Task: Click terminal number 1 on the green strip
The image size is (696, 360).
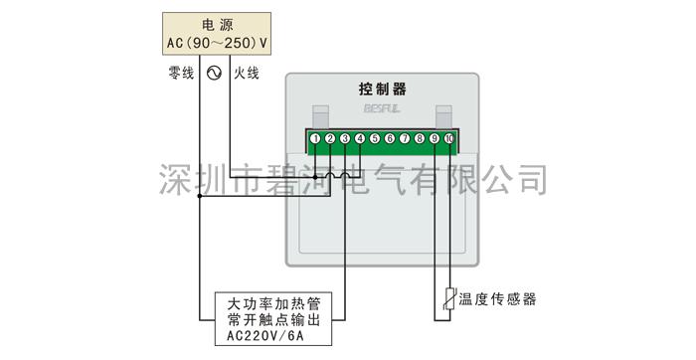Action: pyautogui.click(x=314, y=138)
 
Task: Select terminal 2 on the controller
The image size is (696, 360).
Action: pyautogui.click(x=329, y=138)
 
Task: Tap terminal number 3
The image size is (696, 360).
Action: pyautogui.click(x=344, y=138)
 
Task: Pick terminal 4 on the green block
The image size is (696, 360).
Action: pyautogui.click(x=359, y=138)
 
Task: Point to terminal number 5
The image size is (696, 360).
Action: pyautogui.click(x=375, y=138)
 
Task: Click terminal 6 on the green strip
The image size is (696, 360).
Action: pyautogui.click(x=390, y=138)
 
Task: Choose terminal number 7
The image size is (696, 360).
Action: pyautogui.click(x=405, y=138)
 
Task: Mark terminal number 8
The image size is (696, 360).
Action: pyautogui.click(x=420, y=138)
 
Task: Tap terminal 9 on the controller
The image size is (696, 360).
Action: pyautogui.click(x=435, y=138)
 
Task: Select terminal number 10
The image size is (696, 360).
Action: pyautogui.click(x=449, y=138)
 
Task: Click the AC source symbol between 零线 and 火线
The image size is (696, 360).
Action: pyautogui.click(x=214, y=73)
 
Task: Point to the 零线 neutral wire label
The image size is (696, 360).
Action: pyautogui.click(x=181, y=73)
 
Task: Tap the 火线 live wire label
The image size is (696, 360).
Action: pyautogui.click(x=246, y=73)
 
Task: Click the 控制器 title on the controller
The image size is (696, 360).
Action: pyautogui.click(x=382, y=90)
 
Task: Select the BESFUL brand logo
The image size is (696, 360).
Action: pyautogui.click(x=382, y=114)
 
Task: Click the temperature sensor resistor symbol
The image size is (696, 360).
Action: pyautogui.click(x=450, y=299)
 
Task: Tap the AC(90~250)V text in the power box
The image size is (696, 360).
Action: pyautogui.click(x=219, y=44)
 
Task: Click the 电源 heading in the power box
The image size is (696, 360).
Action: pyautogui.click(x=219, y=24)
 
